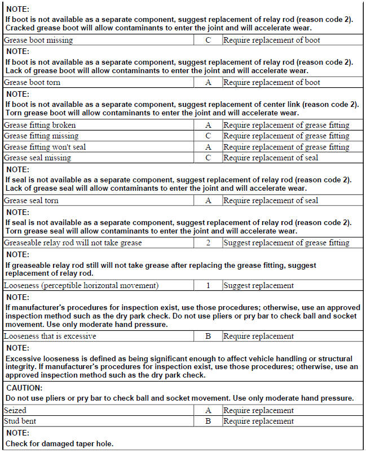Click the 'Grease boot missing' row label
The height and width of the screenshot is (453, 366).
click(x=38, y=40)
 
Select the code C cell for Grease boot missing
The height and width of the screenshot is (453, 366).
click(x=208, y=40)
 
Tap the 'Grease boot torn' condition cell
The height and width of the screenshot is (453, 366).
click(x=32, y=83)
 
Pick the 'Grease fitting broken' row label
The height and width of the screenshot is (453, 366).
click(x=39, y=125)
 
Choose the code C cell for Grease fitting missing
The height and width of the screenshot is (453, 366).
click(x=208, y=136)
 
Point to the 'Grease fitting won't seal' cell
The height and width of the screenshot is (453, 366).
click(x=45, y=147)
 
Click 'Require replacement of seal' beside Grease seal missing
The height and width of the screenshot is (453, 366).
click(x=271, y=158)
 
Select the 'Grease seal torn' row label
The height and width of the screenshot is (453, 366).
click(x=31, y=200)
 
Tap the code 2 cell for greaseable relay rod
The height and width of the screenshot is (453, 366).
click(x=208, y=243)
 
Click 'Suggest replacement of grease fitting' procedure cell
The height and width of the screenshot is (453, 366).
click(x=286, y=243)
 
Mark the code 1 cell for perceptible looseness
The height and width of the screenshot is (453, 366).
click(x=208, y=285)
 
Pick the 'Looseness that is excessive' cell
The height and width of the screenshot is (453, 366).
click(x=50, y=336)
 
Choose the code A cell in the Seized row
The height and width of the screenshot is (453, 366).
click(x=208, y=410)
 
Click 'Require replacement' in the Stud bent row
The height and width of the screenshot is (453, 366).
click(x=258, y=421)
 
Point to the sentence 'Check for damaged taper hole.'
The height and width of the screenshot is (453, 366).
click(x=59, y=443)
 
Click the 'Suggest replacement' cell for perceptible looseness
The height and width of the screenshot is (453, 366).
click(x=258, y=285)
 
